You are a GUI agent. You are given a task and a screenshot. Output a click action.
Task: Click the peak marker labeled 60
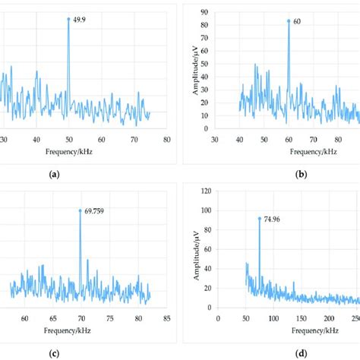[x=289, y=21]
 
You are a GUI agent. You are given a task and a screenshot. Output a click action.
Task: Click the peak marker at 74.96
[x=260, y=218]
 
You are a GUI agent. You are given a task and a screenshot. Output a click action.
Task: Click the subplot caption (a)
[x=53, y=174]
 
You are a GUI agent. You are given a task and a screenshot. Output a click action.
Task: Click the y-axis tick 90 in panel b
[x=205, y=12]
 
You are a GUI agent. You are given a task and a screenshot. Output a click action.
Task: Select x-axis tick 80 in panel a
[x=166, y=139]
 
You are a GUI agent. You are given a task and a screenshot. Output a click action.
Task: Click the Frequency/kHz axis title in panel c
[x=81, y=331]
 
